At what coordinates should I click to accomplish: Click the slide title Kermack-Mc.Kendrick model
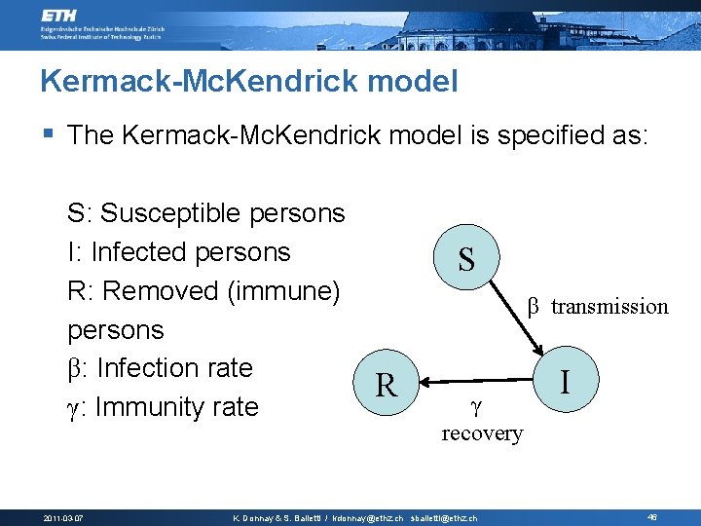pyautogui.click(x=248, y=81)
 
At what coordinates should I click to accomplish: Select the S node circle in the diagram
pyautogui.click(x=466, y=258)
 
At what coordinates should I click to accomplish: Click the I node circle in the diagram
pyautogui.click(x=565, y=377)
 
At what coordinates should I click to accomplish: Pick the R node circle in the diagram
pyautogui.click(x=387, y=386)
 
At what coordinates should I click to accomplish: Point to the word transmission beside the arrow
pyautogui.click(x=609, y=307)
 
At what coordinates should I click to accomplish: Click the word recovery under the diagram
pyautogui.click(x=482, y=433)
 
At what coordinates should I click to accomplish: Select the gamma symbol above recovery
pyautogui.click(x=475, y=402)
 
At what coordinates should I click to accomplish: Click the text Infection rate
pyautogui.click(x=174, y=368)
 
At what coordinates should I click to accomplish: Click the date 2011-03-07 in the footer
pyautogui.click(x=63, y=517)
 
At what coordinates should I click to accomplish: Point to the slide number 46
pyautogui.click(x=651, y=517)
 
